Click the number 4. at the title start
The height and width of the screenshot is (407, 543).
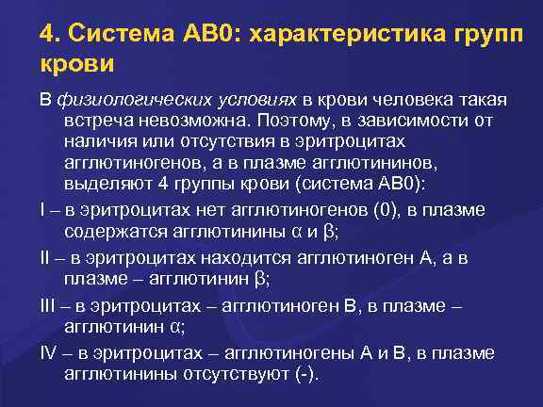(50, 35)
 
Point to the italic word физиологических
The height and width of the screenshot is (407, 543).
(114, 101)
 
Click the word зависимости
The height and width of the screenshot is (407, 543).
(432, 122)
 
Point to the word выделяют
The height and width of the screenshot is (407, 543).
(102, 182)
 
